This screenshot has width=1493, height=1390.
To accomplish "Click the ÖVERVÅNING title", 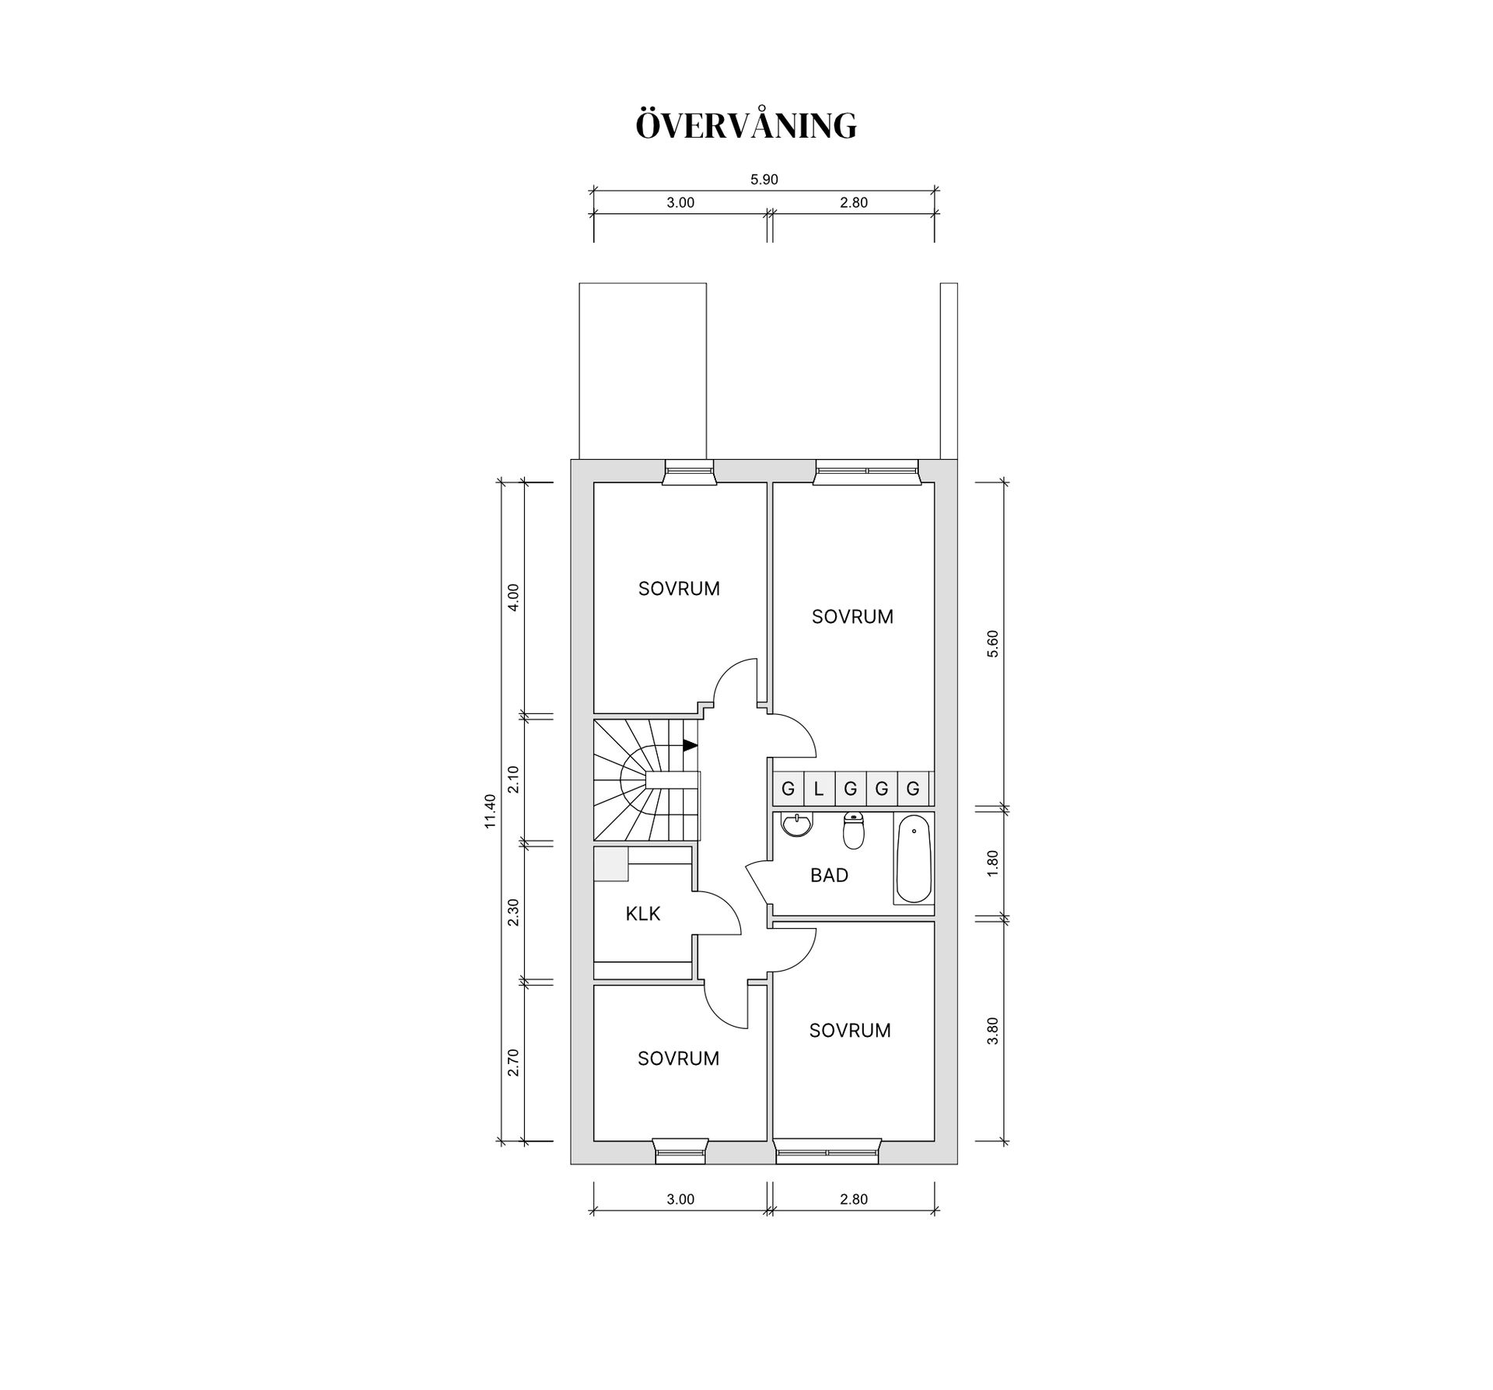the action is pos(746,125).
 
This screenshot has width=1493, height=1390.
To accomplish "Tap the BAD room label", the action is pos(829,875).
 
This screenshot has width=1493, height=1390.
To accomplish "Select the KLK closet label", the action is pos(642,913).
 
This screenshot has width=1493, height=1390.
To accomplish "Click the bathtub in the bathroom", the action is pos(914,859).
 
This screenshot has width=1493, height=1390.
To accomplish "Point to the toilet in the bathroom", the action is pos(854,831).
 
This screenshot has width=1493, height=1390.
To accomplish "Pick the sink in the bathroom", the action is pos(796,825).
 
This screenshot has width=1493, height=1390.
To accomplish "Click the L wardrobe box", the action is pos(819,789).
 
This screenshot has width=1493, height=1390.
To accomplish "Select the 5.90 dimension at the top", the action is pos(764,180).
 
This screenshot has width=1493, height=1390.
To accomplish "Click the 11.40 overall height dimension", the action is pos(490,811).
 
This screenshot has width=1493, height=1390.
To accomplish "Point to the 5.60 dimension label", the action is pos(991,644).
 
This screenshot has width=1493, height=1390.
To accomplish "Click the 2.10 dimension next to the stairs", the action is pos(513,779).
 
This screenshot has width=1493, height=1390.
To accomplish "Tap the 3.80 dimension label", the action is pos(991,1031).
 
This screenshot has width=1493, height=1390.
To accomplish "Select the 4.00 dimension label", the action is pos(513,597).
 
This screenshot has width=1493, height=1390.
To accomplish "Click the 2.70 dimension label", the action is pos(513,1062).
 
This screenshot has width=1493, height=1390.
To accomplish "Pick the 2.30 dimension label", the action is pos(513,912).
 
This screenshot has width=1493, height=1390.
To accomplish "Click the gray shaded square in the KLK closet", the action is pos(610,864).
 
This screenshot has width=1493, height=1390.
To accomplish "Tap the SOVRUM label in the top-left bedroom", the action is pos(679,589).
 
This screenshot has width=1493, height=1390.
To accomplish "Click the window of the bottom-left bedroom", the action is pos(680,1151).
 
